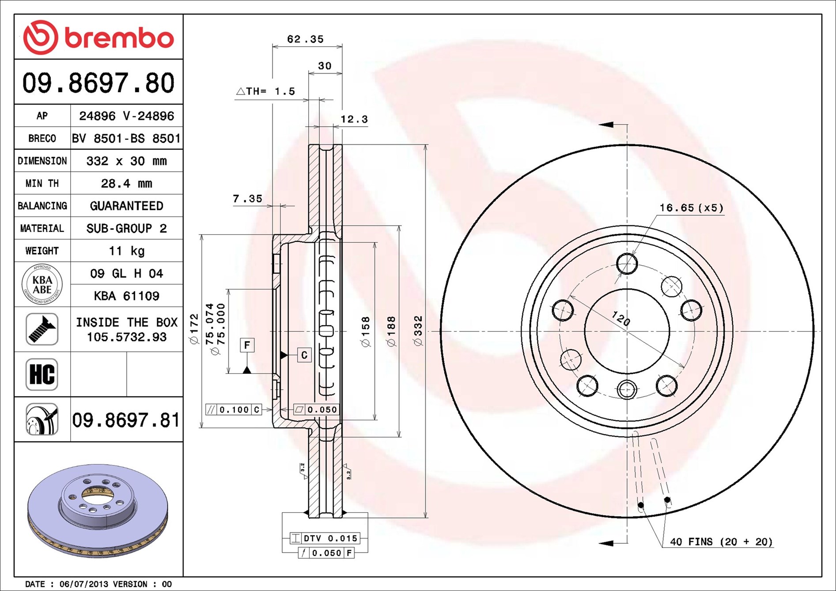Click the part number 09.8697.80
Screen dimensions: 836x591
pyautogui.click(x=98, y=83)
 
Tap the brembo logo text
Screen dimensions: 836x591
pyautogui.click(x=119, y=38)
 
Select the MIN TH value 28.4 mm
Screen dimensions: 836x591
pyautogui.click(x=126, y=183)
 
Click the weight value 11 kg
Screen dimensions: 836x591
pyautogui.click(x=126, y=251)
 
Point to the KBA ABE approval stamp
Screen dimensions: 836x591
pyautogui.click(x=42, y=284)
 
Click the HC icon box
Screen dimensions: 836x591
pyautogui.click(x=42, y=374)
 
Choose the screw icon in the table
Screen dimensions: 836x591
pyautogui.click(x=42, y=329)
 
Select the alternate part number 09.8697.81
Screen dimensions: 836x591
pyautogui.click(x=126, y=420)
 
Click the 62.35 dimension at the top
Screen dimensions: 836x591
pyautogui.click(x=305, y=39)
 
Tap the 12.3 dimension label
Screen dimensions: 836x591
pyautogui.click(x=354, y=119)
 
